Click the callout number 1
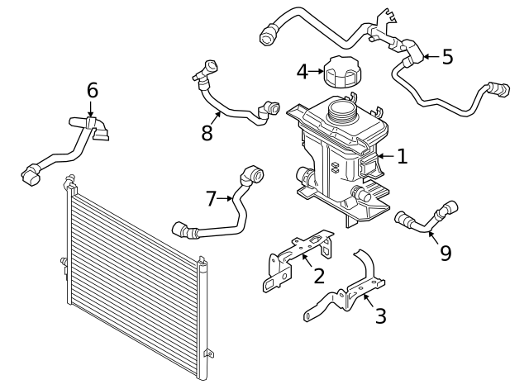(x=403, y=156)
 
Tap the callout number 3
(x=380, y=315)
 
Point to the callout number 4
(x=303, y=72)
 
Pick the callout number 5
(x=447, y=57)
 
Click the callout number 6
(x=92, y=90)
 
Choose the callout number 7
(x=211, y=198)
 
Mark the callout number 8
(x=207, y=132)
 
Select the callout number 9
(x=446, y=254)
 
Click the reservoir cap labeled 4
(x=342, y=72)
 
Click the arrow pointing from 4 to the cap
(x=316, y=72)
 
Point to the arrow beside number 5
(x=432, y=57)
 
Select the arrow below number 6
(x=90, y=108)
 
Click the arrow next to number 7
(x=225, y=198)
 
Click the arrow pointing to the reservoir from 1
(x=386, y=156)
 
